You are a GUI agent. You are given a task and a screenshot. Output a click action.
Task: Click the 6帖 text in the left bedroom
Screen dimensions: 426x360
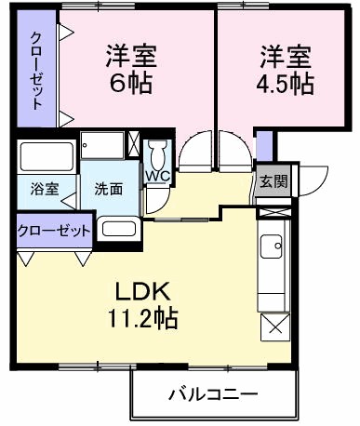point(129,84)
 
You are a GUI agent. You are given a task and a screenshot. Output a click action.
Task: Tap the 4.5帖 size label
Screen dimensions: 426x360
point(286,84)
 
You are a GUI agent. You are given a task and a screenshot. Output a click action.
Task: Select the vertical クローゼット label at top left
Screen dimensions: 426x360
point(36,70)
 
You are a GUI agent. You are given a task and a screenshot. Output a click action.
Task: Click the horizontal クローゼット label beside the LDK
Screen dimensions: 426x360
point(55,230)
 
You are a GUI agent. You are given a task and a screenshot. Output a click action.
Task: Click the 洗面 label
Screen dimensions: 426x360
point(108,188)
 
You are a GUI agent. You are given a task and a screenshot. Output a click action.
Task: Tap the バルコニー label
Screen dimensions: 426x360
point(213,394)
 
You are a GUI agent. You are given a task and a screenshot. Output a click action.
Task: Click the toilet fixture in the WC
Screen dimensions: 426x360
point(156,153)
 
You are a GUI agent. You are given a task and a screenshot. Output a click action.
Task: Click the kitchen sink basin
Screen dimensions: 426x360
point(273,246)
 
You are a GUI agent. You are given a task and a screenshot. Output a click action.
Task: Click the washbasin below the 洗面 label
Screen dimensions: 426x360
point(118,228)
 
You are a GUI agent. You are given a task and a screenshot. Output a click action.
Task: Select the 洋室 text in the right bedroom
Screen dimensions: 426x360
point(285,56)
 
